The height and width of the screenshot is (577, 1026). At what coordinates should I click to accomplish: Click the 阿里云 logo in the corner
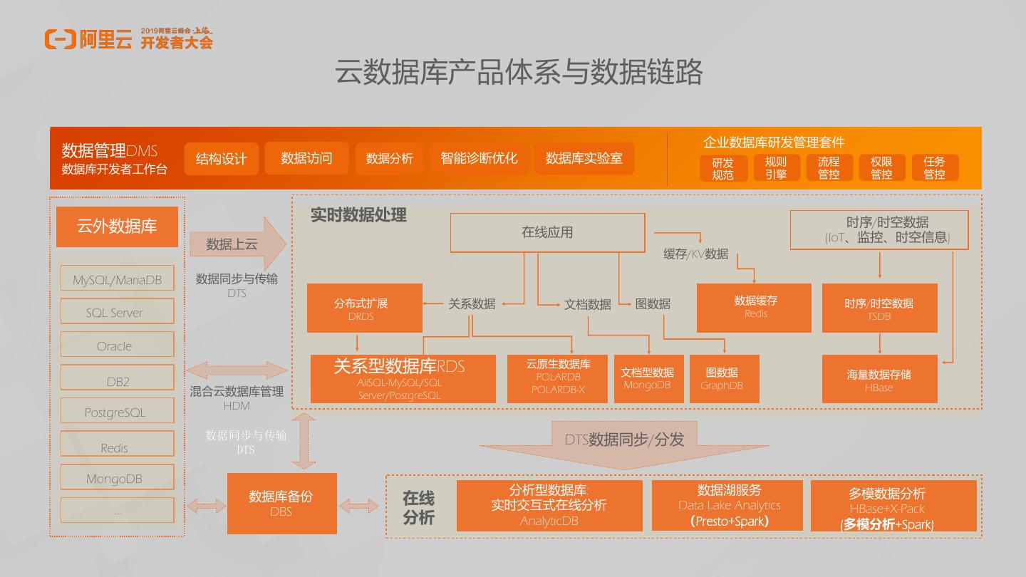(88, 39)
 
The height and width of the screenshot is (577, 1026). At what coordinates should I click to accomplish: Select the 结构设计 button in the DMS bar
(221, 158)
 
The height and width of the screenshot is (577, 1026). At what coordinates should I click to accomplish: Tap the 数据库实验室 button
(584, 158)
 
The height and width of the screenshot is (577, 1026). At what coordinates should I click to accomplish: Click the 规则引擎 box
(775, 168)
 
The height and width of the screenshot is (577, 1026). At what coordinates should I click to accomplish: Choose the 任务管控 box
(934, 168)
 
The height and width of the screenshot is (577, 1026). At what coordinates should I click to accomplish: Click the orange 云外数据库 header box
(117, 227)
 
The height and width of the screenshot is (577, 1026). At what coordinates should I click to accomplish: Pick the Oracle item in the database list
(117, 345)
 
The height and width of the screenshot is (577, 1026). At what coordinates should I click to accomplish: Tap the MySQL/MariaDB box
(117, 279)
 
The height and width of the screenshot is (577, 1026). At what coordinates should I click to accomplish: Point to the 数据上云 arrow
(235, 244)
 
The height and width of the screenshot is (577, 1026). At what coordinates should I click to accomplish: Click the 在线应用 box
(547, 232)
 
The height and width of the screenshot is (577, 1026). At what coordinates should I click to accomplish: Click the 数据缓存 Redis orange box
(754, 308)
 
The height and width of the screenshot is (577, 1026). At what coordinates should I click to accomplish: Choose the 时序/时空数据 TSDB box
(879, 308)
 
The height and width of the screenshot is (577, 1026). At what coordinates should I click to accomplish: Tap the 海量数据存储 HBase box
(879, 379)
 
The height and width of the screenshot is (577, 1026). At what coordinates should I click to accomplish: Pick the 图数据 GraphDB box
(724, 379)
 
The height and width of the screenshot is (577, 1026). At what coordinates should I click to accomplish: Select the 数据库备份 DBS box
(281, 503)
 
